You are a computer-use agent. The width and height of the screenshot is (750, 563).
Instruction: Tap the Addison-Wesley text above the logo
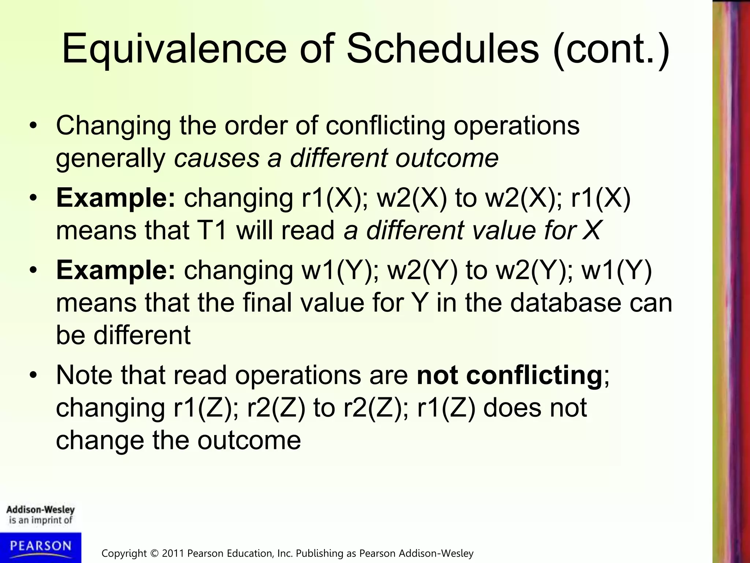pos(40,510)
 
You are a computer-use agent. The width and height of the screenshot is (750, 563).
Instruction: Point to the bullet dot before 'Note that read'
pos(34,376)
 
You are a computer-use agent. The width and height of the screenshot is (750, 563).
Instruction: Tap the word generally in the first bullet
pos(111,159)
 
